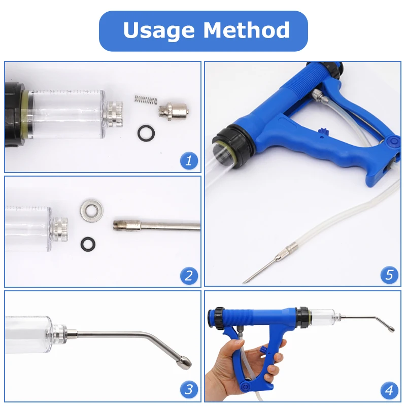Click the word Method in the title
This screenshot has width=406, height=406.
[x=247, y=30]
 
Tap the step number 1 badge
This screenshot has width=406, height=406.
[x=189, y=161]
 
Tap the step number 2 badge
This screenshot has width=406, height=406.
[x=189, y=276]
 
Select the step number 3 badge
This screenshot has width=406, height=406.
[x=189, y=390]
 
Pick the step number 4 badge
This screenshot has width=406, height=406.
[x=389, y=390]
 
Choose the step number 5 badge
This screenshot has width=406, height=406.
[x=389, y=276]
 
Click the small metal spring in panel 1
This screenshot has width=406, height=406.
[x=144, y=98]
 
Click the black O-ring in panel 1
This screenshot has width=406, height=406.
[x=147, y=132]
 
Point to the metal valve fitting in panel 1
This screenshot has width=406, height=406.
[x=172, y=110]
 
